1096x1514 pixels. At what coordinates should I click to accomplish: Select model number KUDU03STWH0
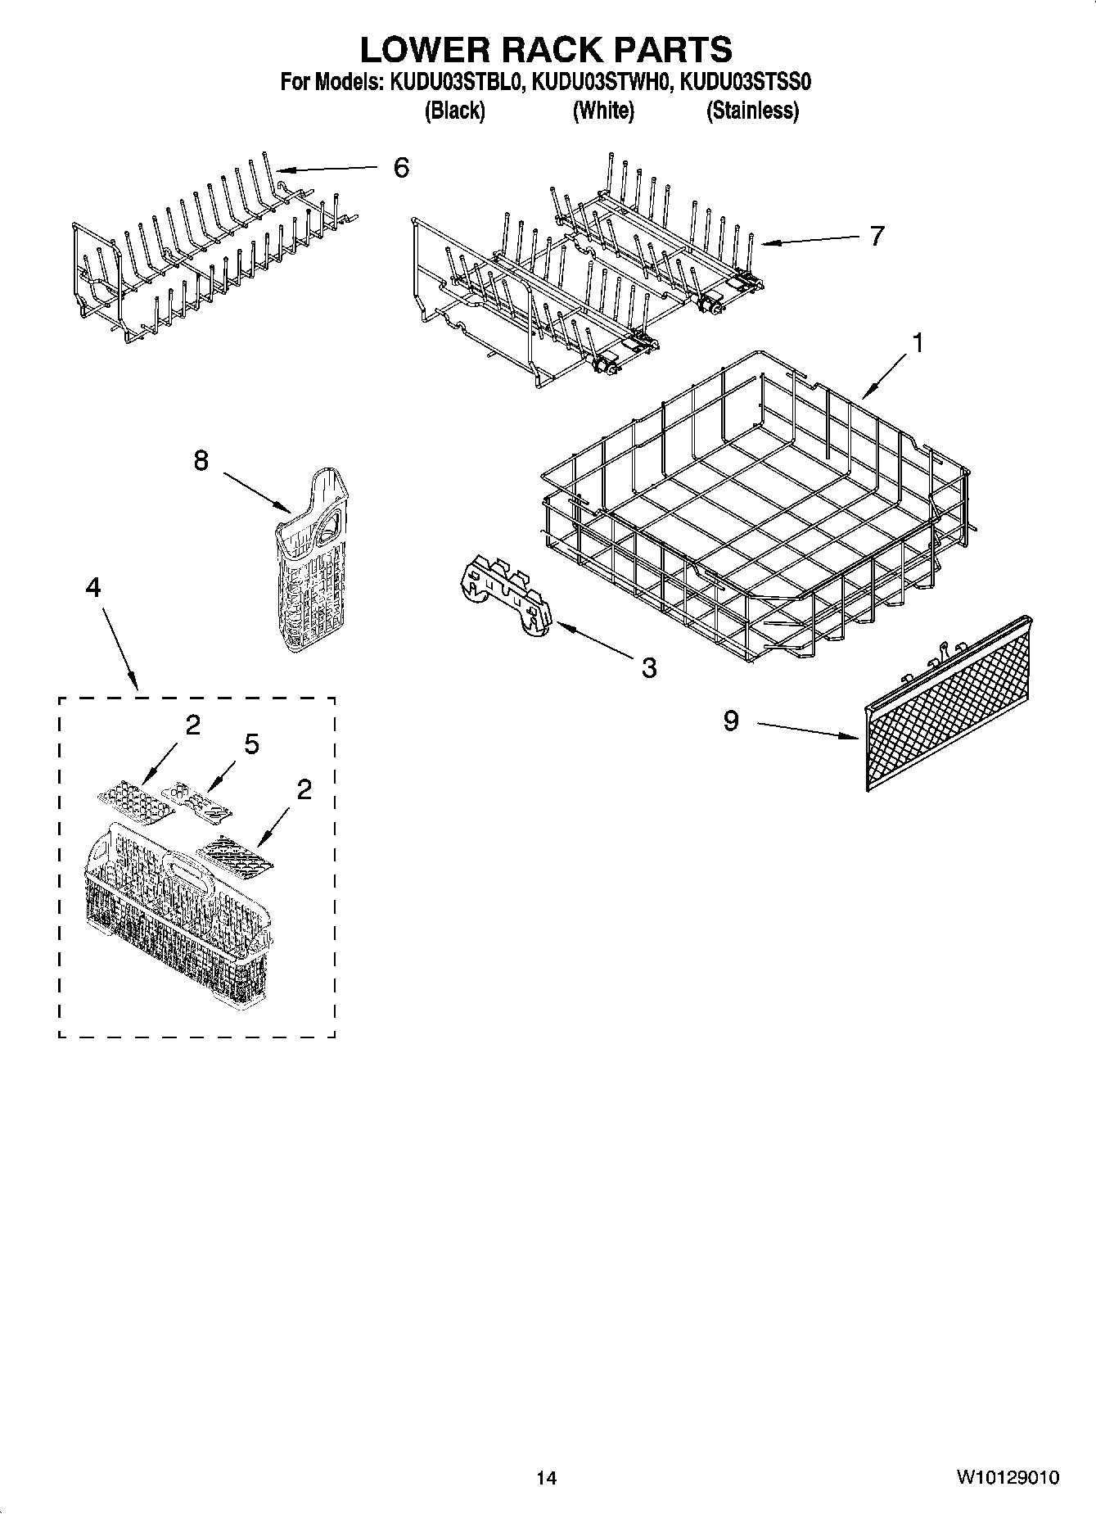click(x=602, y=83)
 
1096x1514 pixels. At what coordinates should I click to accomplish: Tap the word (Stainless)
click(x=752, y=111)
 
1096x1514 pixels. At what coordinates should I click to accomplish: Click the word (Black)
click(x=454, y=111)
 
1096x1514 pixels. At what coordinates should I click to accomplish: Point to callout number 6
click(x=401, y=168)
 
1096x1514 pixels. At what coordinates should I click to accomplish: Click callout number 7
click(x=877, y=237)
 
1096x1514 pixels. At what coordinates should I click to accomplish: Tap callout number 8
click(x=201, y=461)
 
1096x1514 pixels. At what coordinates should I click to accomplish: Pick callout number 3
click(x=648, y=668)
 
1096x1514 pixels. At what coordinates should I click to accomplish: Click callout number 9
click(x=731, y=721)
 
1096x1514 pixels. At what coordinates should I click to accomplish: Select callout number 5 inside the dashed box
click(x=251, y=744)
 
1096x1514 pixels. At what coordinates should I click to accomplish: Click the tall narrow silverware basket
click(x=315, y=565)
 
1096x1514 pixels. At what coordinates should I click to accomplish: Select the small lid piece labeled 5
click(x=197, y=802)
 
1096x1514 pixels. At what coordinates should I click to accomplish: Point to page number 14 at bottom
click(x=546, y=1478)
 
